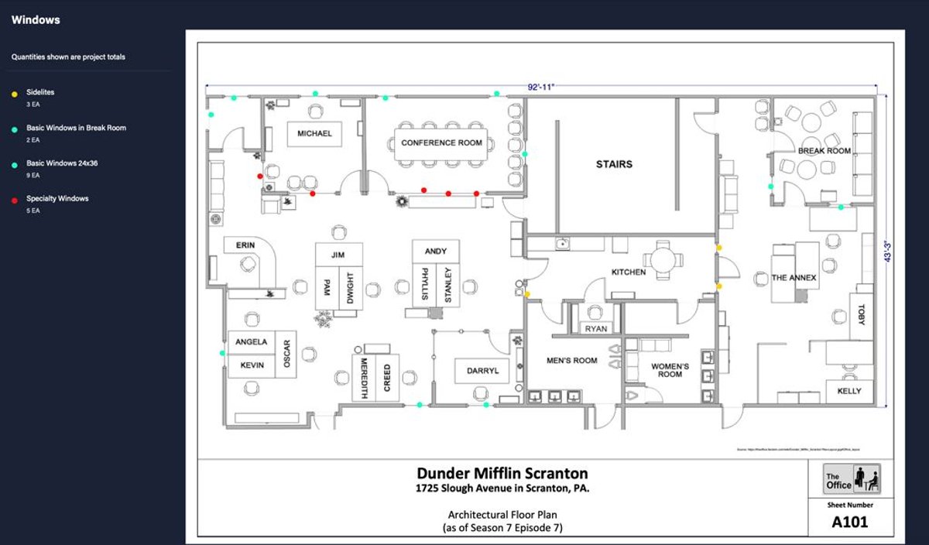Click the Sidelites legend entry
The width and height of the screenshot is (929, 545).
click(x=40, y=92)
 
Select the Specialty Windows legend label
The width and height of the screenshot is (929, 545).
click(x=57, y=199)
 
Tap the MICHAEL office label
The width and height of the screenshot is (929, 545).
click(x=314, y=134)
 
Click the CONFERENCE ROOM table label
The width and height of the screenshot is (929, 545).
click(x=441, y=143)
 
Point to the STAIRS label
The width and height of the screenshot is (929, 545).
click(x=614, y=164)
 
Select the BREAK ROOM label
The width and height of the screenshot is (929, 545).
click(x=824, y=151)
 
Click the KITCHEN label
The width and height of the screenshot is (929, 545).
click(x=629, y=272)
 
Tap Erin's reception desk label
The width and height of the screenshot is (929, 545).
click(x=245, y=246)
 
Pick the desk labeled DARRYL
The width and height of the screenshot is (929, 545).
click(x=482, y=371)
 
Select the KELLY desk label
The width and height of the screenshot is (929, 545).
click(x=848, y=391)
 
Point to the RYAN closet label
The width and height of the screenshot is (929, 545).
click(x=596, y=329)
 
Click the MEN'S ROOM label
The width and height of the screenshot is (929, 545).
click(x=572, y=361)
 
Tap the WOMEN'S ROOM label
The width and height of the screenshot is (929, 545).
click(x=670, y=370)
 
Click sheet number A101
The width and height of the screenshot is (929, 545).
click(x=849, y=523)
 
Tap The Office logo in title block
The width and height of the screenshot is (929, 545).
click(x=852, y=479)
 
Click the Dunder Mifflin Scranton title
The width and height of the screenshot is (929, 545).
click(x=502, y=473)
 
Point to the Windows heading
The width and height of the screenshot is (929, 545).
click(x=36, y=20)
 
